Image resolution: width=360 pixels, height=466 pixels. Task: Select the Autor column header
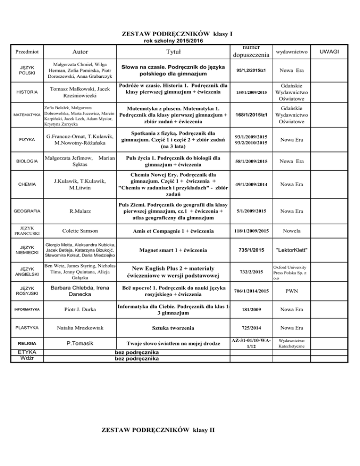coord(81,51)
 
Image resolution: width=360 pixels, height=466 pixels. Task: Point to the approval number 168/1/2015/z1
coord(251,115)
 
